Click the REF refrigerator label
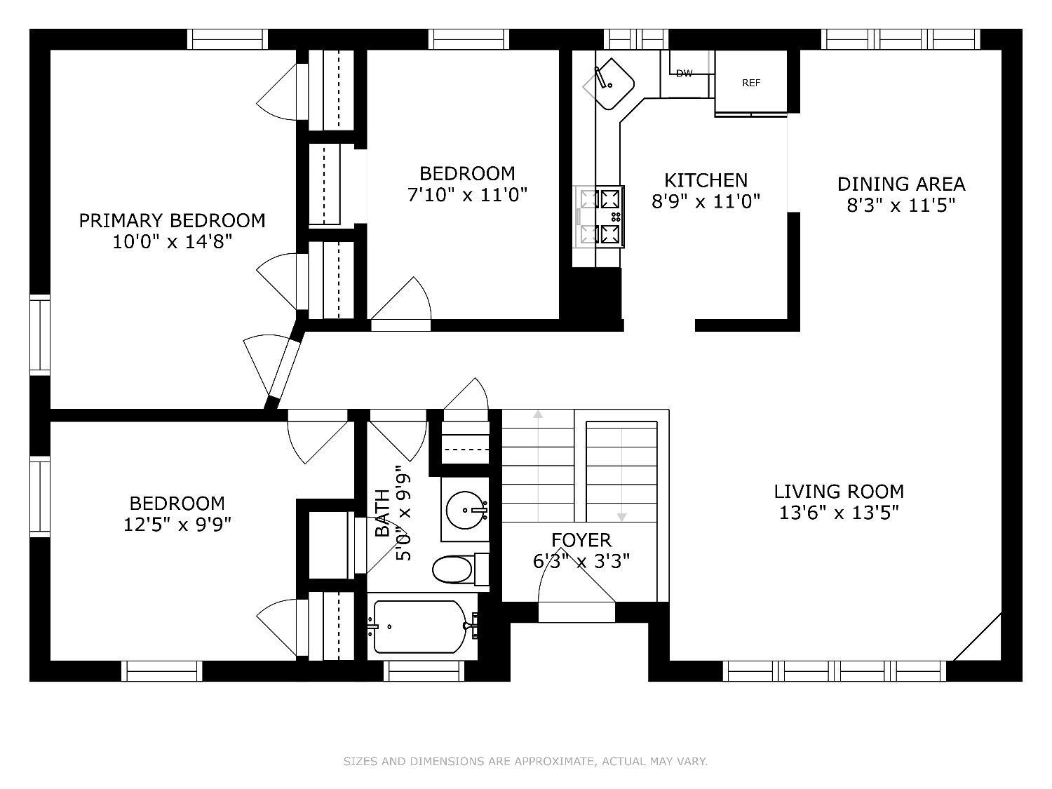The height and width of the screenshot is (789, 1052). pyautogui.click(x=750, y=83)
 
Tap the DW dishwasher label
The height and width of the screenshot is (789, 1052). pyautogui.click(x=684, y=74)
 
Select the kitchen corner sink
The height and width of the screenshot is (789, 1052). pyautogui.click(x=609, y=84)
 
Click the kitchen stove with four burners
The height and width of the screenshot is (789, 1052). pyautogui.click(x=599, y=217)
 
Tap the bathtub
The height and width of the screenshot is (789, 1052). pyautogui.click(x=422, y=626)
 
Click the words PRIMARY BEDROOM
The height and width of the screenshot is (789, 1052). pyautogui.click(x=172, y=221)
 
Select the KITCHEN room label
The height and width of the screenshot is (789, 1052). pyautogui.click(x=706, y=180)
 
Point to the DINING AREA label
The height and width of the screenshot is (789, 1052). pyautogui.click(x=901, y=184)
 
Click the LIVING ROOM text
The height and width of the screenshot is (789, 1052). pyautogui.click(x=839, y=492)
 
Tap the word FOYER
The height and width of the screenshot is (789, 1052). pyautogui.click(x=581, y=540)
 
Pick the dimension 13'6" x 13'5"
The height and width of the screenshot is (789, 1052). pyautogui.click(x=839, y=513)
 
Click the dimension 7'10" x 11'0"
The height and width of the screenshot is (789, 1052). pyautogui.click(x=467, y=195)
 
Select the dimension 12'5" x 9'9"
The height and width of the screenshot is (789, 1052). pyautogui.click(x=177, y=525)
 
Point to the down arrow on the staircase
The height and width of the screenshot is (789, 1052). pyautogui.click(x=621, y=472)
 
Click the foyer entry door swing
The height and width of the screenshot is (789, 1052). pyautogui.click(x=575, y=593)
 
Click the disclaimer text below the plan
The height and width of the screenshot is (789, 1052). pyautogui.click(x=525, y=761)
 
